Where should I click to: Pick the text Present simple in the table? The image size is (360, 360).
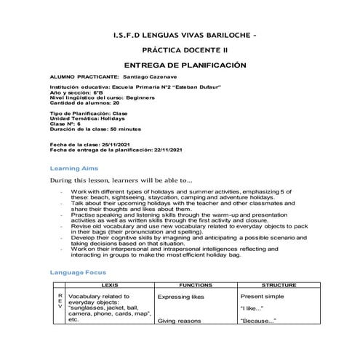click(x=265, y=297)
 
